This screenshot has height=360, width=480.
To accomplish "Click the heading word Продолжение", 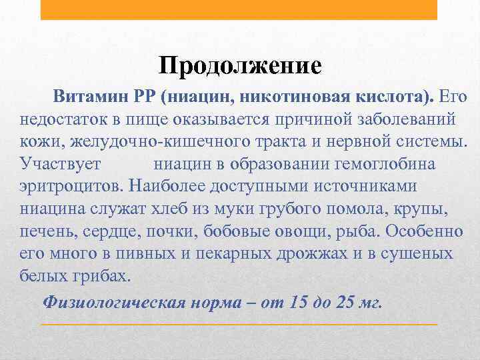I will [x=240, y=65].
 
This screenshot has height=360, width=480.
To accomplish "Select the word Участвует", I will [x=61, y=164].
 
